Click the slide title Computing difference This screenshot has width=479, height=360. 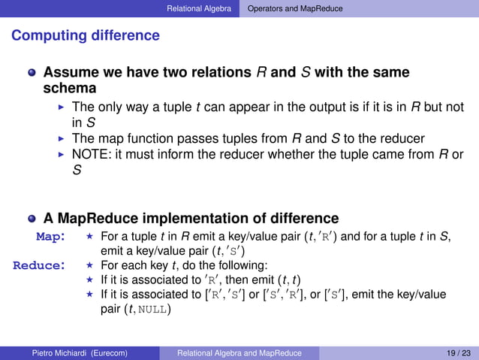[86, 35]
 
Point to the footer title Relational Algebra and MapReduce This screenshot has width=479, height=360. [239, 352]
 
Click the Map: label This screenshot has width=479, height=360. [52, 237]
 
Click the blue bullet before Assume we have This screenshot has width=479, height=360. [32, 74]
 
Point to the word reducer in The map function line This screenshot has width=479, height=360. [403, 138]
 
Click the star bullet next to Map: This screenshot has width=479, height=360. [90, 237]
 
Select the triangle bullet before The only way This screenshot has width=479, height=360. [62, 107]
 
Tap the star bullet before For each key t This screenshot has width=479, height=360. [90, 265]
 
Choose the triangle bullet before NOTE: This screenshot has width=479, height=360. [62, 155]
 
